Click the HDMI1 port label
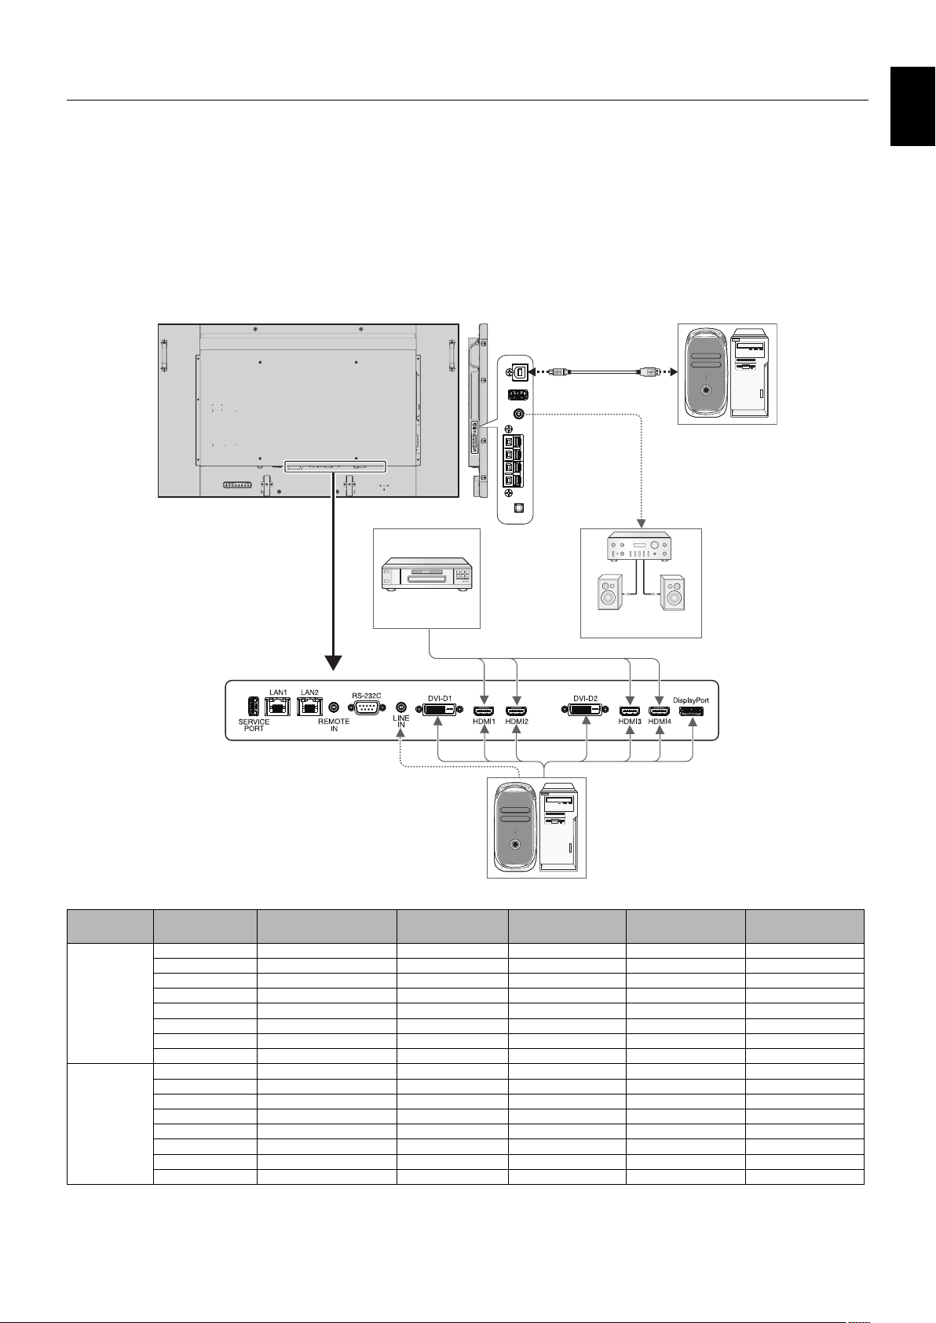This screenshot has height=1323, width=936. [484, 722]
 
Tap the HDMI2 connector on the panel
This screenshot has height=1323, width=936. [516, 711]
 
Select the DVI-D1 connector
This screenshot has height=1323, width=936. [440, 710]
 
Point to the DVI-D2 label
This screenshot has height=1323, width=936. [585, 699]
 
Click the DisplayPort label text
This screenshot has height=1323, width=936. [691, 700]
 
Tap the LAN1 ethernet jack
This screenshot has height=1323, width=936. [277, 707]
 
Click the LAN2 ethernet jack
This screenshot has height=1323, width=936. [309, 707]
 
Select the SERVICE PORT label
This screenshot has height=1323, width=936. [254, 725]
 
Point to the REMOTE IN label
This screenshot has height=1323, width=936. [335, 725]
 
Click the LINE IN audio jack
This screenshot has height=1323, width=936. [401, 707]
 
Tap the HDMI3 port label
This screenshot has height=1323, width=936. [630, 722]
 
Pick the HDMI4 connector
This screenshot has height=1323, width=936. [659, 711]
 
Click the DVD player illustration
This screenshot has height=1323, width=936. [427, 574]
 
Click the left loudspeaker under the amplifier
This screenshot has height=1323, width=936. [609, 592]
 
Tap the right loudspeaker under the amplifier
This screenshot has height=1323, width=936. [673, 592]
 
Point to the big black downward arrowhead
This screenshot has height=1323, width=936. [334, 663]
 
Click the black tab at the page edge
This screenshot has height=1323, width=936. [913, 106]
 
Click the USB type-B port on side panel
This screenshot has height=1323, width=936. [520, 372]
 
